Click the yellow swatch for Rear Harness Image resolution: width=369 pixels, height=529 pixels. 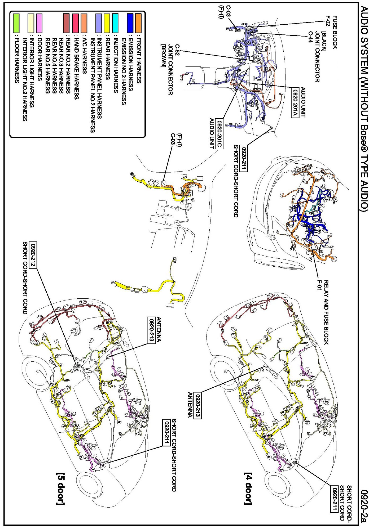point(107,19)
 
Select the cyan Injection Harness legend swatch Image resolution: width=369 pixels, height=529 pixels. point(115,19)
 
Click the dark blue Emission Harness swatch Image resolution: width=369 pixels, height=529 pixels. point(130,19)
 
